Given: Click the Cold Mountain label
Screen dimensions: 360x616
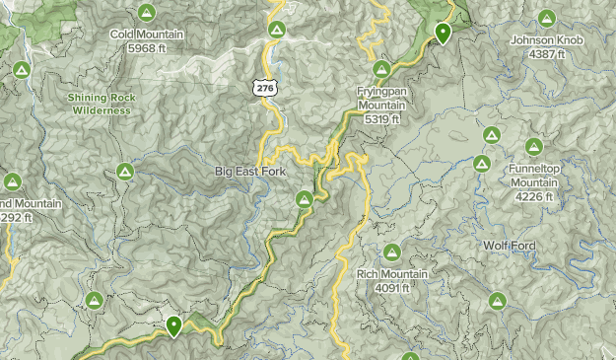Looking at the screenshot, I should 147,35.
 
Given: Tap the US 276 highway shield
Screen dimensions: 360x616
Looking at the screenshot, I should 264,89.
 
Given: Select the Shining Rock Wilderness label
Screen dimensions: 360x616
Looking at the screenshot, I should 100,104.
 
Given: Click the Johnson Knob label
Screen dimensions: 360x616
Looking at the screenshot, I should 547,40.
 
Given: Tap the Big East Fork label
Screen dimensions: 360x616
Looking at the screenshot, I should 250,172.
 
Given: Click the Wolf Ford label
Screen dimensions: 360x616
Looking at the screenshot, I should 509,245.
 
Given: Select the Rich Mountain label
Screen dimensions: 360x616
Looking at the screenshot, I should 392,274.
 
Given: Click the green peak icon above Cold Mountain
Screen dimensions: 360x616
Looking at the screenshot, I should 147,13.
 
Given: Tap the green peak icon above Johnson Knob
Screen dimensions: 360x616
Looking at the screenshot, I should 548,18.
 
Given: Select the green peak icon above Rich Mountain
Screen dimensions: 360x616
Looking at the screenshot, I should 392,252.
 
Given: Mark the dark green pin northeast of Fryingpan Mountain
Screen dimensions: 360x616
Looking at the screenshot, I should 444,34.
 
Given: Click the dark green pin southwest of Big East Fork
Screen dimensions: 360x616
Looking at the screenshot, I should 174,324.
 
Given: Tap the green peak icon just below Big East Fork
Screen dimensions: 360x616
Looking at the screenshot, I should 305,201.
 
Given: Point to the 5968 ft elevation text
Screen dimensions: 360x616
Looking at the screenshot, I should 147,47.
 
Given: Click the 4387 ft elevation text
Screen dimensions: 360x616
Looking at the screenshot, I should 547,54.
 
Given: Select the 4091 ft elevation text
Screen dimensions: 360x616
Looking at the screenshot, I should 392,287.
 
